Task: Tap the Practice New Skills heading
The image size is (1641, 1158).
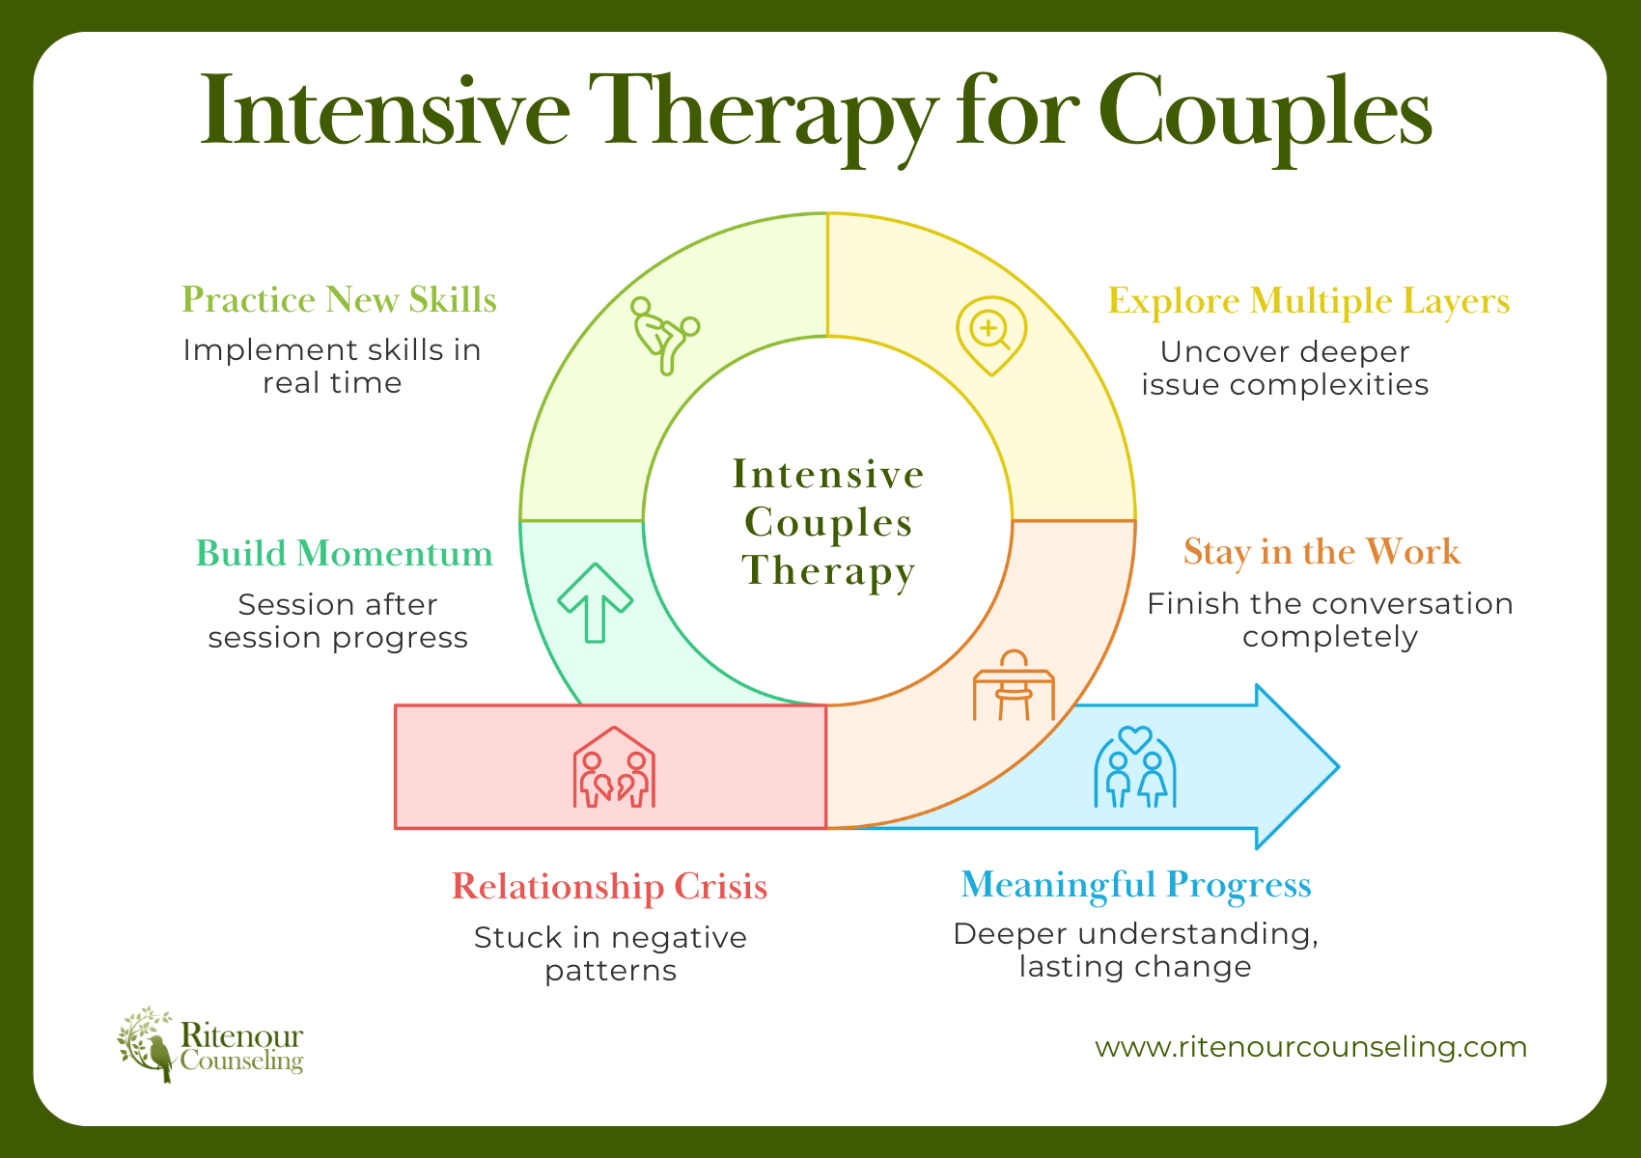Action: coord(339,300)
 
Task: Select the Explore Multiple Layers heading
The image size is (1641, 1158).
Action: coord(1308,301)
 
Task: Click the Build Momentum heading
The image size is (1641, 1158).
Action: coord(345,554)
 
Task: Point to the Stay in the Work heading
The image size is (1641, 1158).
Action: coord(1321,552)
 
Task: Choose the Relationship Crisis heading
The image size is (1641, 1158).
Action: coord(609,886)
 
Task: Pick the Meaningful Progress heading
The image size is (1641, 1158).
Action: coord(1135,884)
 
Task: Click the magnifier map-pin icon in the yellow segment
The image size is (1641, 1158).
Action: coord(990,335)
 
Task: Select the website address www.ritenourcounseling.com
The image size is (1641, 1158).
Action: coord(1311,1047)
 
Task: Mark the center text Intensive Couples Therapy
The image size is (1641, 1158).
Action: coord(827,522)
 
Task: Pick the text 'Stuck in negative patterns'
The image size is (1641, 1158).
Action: coord(610,953)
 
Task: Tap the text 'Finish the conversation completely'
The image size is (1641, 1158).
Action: coord(1329,620)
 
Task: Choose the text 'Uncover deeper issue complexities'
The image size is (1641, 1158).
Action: coord(1285,368)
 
